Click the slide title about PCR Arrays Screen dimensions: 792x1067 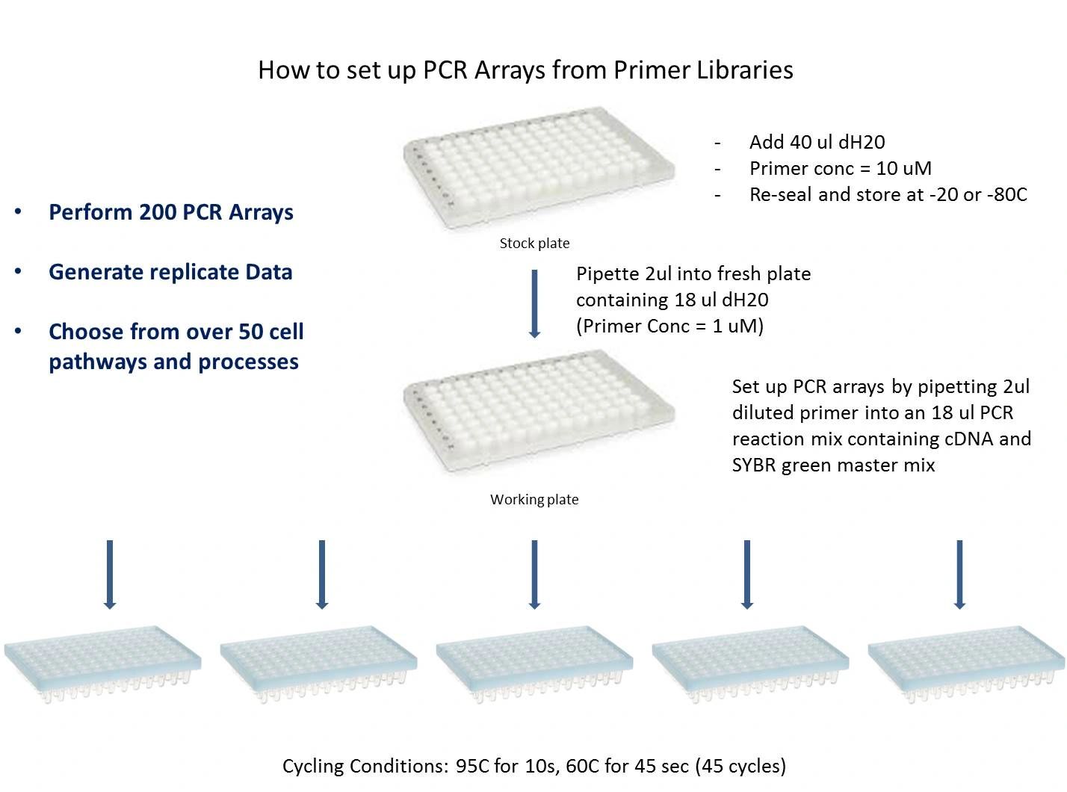(x=525, y=70)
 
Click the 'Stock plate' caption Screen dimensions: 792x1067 (x=534, y=244)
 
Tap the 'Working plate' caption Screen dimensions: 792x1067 (x=534, y=500)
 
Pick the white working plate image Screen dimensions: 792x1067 (x=538, y=412)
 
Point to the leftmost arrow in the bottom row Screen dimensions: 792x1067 (x=110, y=575)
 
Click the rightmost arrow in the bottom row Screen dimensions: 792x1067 (x=959, y=575)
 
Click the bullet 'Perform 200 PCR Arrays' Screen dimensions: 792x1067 (x=171, y=213)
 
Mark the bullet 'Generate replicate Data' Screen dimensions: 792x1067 (x=170, y=273)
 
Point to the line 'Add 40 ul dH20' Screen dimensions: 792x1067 (x=817, y=143)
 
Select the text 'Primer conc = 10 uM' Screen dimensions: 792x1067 (x=841, y=169)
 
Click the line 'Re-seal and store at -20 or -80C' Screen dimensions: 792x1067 (x=888, y=195)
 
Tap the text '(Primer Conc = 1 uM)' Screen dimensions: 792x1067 (x=669, y=327)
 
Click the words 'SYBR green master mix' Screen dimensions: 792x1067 (x=833, y=465)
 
